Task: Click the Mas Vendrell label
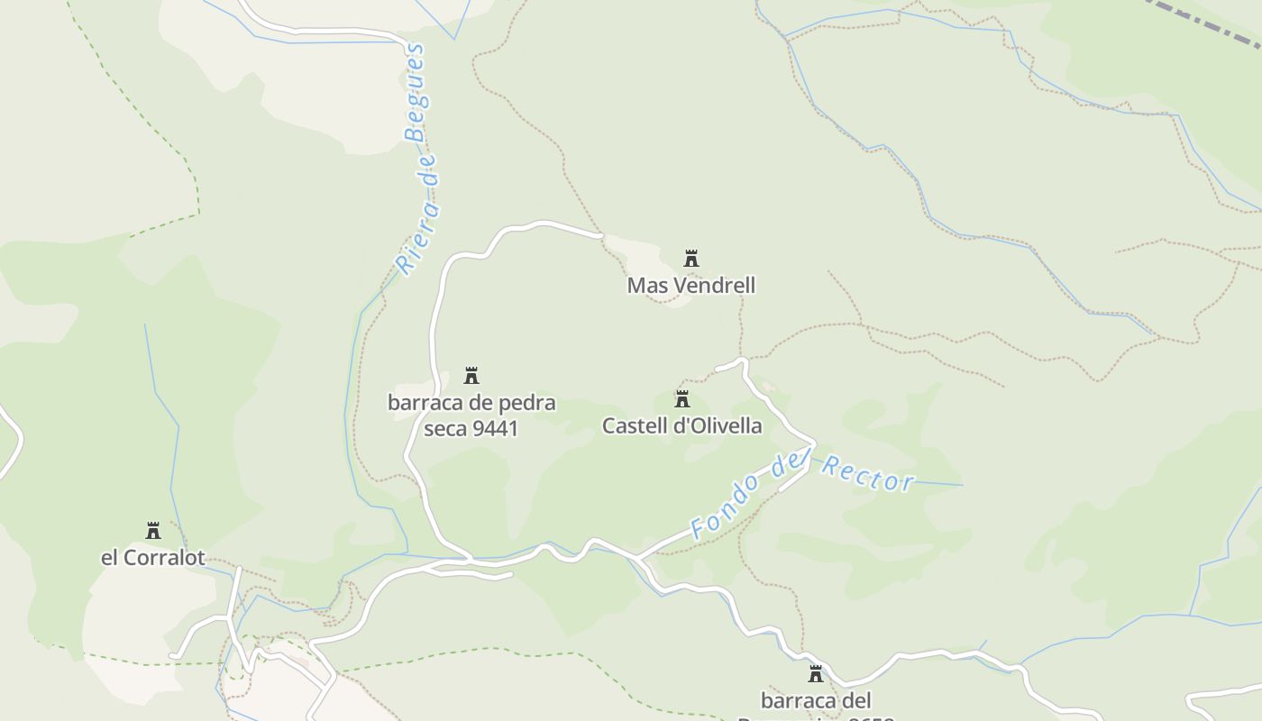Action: pos(691,286)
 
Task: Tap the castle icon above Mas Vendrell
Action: pos(691,259)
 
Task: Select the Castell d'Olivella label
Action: pos(682,425)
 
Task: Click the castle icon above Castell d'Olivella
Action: pos(682,399)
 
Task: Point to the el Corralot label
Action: pos(153,558)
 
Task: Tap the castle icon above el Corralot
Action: pos(153,531)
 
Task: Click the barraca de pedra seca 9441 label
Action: pos(471,415)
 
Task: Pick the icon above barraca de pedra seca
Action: pos(471,376)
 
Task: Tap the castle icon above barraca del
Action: pos(816,674)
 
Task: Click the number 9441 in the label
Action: pos(496,429)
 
